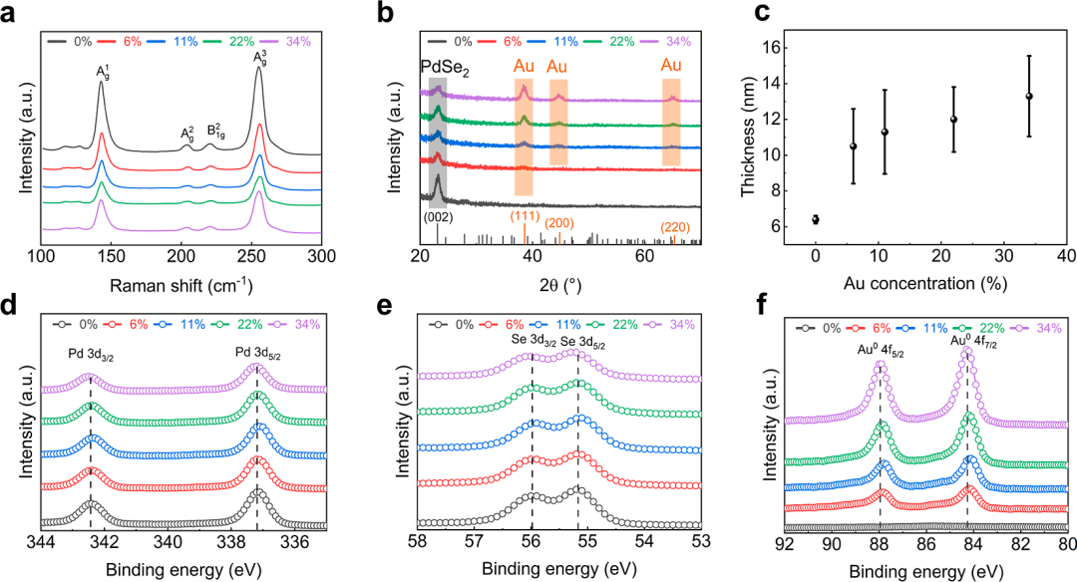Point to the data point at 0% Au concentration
point(816,219)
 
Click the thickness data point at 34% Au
point(1029,96)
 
